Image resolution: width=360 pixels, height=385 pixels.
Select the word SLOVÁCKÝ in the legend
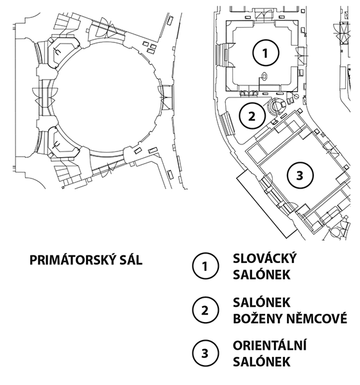[x=265, y=259]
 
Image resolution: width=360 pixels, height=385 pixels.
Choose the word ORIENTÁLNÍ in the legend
[x=270, y=345]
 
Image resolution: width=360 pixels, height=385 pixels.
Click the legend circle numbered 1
[x=205, y=266]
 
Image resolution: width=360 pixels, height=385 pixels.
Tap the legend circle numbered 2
[x=205, y=310]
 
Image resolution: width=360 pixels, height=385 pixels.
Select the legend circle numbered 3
[x=205, y=354]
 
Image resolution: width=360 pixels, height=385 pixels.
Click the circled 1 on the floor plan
[x=266, y=53]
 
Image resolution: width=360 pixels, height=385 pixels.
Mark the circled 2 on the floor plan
[x=252, y=116]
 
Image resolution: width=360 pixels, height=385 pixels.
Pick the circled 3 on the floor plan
[x=300, y=175]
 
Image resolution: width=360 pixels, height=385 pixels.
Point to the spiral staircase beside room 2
[x=276, y=106]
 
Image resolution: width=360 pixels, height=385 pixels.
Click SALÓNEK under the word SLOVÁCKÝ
[x=262, y=275]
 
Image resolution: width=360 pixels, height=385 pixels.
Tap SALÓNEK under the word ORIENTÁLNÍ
[x=262, y=362]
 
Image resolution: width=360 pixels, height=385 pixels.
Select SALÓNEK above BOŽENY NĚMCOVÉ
[x=262, y=302]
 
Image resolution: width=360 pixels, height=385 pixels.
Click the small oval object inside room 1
[x=264, y=76]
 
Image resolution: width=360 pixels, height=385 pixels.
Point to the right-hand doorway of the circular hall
[x=166, y=98]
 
